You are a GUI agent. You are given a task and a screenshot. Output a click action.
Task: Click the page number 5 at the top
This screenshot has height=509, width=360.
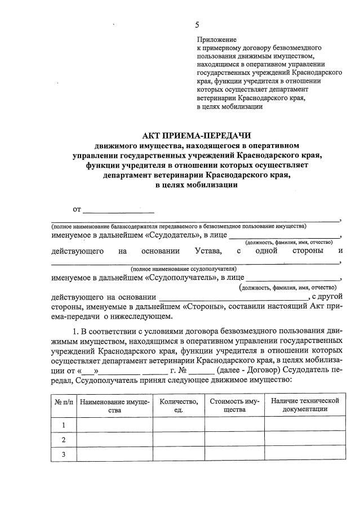197,24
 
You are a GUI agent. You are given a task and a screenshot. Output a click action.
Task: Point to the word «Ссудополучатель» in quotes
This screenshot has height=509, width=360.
180,278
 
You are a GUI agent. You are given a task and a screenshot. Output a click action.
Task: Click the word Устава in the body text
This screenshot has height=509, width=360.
208,251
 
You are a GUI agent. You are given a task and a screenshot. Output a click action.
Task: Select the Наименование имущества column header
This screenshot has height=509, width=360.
114,407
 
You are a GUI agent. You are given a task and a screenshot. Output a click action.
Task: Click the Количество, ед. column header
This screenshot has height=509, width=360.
179,406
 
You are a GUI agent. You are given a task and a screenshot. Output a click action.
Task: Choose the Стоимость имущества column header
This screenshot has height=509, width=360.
234,406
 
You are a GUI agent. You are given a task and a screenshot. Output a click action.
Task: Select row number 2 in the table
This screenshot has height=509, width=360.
64,440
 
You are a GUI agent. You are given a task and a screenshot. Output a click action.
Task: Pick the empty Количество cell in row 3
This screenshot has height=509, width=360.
179,454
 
